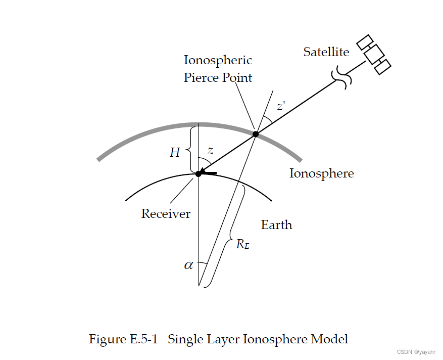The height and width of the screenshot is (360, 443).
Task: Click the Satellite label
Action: coord(326,52)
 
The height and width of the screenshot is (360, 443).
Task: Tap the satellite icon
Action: coord(374,54)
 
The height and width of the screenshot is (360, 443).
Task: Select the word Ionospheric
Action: coord(218,61)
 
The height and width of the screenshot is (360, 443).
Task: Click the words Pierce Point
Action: coord(218,78)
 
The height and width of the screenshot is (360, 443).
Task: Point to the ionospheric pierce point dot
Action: coord(256,134)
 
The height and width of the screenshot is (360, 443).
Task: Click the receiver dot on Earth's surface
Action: coord(199,173)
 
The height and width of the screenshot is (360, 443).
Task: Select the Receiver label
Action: coord(166,213)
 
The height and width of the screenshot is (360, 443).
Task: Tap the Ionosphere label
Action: coord(321,174)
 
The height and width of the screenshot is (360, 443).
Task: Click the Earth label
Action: coord(276,224)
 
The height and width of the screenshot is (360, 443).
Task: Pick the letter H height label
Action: coord(175,152)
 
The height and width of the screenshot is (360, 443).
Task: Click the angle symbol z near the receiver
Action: coord(210,151)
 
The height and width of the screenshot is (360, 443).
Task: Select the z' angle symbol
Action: coord(281,107)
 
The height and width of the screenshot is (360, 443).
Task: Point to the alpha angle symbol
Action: coord(188,264)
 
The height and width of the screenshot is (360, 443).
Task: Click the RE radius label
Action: coord(242,244)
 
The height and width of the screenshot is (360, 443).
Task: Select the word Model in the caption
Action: coord(329,339)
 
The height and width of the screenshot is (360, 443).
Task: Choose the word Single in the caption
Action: coord(184,339)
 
